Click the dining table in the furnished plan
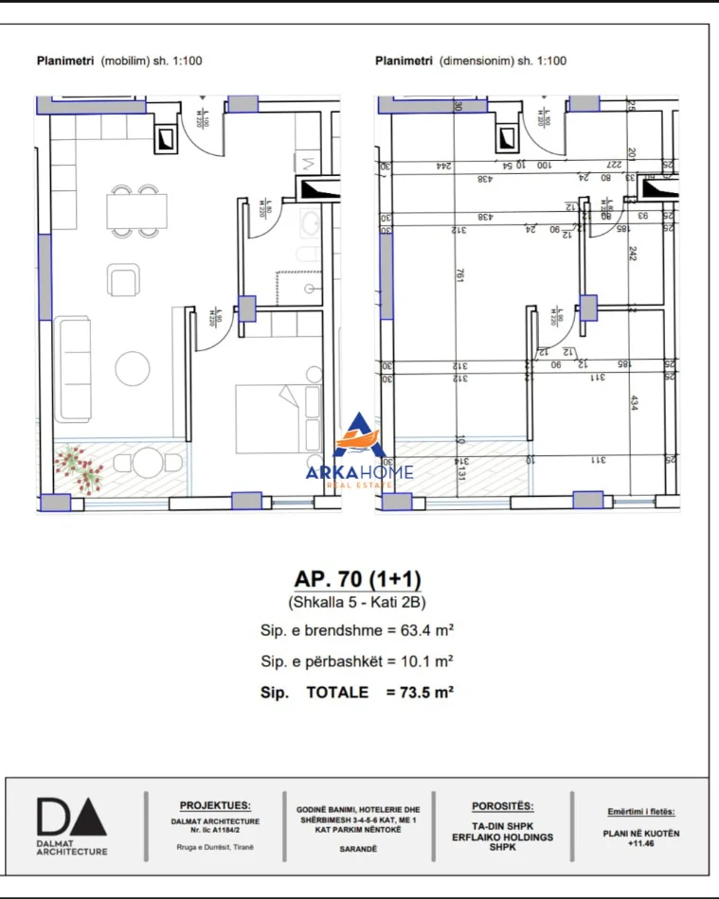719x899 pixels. (x=136, y=211)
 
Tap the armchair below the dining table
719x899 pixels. (x=123, y=280)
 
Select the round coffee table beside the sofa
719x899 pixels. (x=130, y=366)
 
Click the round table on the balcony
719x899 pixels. (x=147, y=464)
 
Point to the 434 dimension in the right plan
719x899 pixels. (x=633, y=402)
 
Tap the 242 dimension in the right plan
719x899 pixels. (x=633, y=254)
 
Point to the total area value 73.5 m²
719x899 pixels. (x=420, y=693)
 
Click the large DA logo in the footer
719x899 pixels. (x=71, y=817)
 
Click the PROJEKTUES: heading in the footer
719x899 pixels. (x=215, y=804)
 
